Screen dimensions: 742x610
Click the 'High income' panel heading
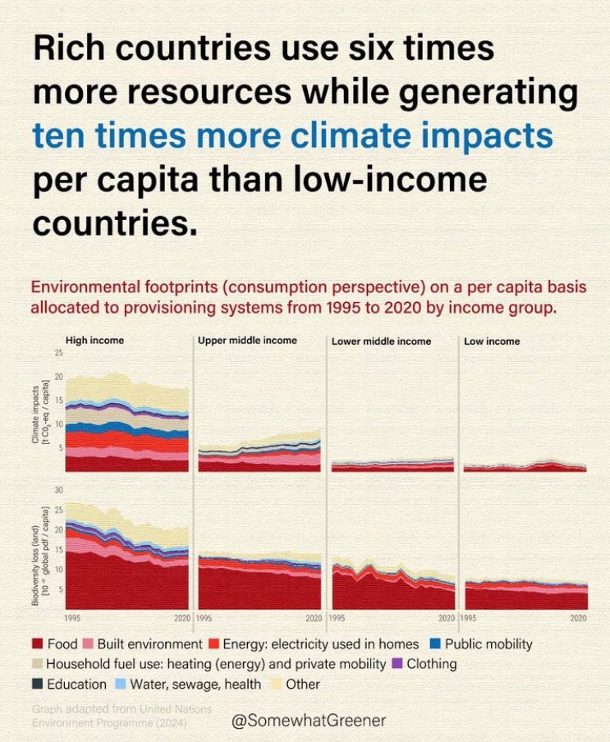click(x=94, y=340)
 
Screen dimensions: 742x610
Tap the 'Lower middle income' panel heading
click(x=381, y=341)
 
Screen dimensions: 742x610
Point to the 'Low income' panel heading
click(x=492, y=341)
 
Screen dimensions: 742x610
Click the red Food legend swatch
click(x=37, y=644)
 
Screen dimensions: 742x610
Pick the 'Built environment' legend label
click(x=149, y=644)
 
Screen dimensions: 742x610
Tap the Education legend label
click(x=76, y=684)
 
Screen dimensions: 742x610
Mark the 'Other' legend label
click(x=302, y=684)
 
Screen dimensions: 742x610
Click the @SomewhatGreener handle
click(x=309, y=720)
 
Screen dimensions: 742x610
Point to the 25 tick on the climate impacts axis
click(x=58, y=353)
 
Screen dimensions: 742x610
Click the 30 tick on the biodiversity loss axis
click(x=58, y=489)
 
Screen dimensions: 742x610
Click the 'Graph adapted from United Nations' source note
click(x=122, y=708)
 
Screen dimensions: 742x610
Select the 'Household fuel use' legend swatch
click(x=37, y=664)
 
